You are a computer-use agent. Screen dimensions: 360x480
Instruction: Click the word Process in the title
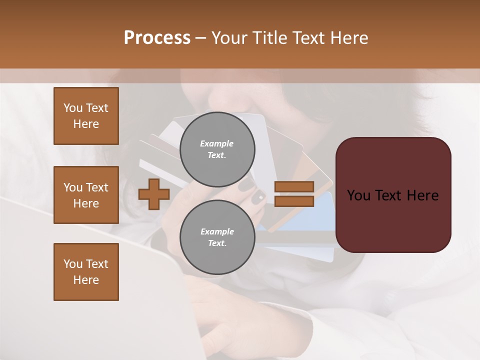pyautogui.click(x=157, y=38)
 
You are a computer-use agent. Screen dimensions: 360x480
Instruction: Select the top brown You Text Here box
pyautogui.click(x=86, y=116)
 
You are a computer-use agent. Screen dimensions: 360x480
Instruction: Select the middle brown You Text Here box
pyautogui.click(x=86, y=195)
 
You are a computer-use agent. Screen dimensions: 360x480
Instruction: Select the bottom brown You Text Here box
pyautogui.click(x=86, y=272)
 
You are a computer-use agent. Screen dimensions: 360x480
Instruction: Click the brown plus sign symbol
pyautogui.click(x=153, y=194)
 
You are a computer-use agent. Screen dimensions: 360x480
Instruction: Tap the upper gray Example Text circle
pyautogui.click(x=217, y=149)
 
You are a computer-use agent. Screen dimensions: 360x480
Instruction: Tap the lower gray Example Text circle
pyautogui.click(x=217, y=237)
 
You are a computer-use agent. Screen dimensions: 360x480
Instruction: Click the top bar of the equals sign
pyautogui.click(x=294, y=187)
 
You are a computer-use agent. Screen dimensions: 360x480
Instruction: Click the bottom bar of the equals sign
pyautogui.click(x=294, y=201)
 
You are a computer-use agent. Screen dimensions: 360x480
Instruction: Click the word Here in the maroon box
pyautogui.click(x=423, y=195)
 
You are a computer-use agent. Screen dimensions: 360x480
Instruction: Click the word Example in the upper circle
pyautogui.click(x=217, y=143)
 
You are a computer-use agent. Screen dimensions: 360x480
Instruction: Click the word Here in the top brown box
pyautogui.click(x=86, y=124)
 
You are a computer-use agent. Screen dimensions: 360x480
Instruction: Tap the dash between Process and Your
pyautogui.click(x=200, y=38)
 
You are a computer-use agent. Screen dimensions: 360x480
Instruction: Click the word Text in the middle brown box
pyautogui.click(x=97, y=187)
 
